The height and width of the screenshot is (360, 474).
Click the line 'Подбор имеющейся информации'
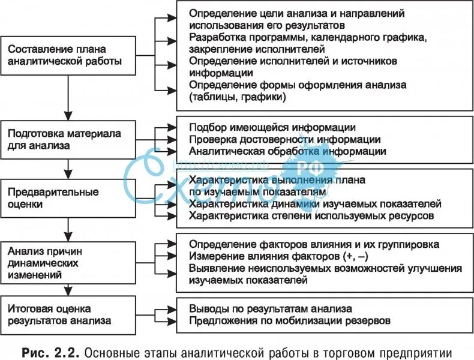point(272,128)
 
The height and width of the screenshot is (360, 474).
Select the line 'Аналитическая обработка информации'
point(287,151)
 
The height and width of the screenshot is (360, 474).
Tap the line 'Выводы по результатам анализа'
point(270,310)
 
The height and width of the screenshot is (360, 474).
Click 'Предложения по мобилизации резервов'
point(290,322)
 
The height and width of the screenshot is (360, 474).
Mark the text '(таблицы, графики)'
point(237,96)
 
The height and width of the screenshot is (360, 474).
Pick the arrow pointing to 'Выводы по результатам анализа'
point(168,310)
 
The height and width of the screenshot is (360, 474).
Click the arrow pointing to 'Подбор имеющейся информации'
point(168,128)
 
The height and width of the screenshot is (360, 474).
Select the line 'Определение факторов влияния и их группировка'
point(314,245)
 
